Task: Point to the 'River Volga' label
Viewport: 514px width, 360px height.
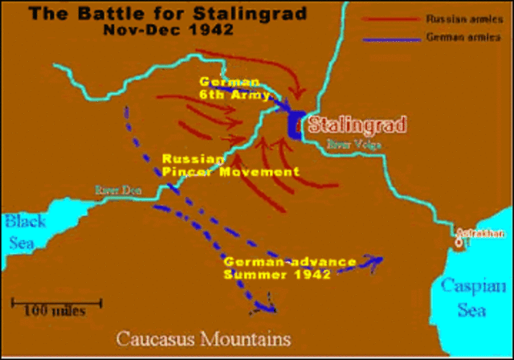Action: [x=353, y=145]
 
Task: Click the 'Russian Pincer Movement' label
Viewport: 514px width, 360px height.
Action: [x=229, y=165]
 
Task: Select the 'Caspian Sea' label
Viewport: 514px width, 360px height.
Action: [x=474, y=297]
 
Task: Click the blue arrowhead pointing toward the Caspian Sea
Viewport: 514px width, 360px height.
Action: [x=376, y=260]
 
